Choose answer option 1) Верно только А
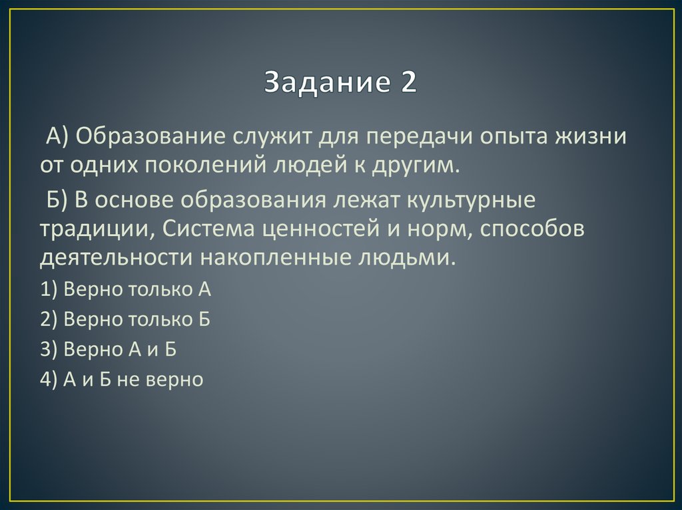tap(125, 289)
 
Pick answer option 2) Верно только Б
tap(125, 320)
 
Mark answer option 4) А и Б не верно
tap(121, 380)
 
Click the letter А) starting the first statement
tap(55, 137)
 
